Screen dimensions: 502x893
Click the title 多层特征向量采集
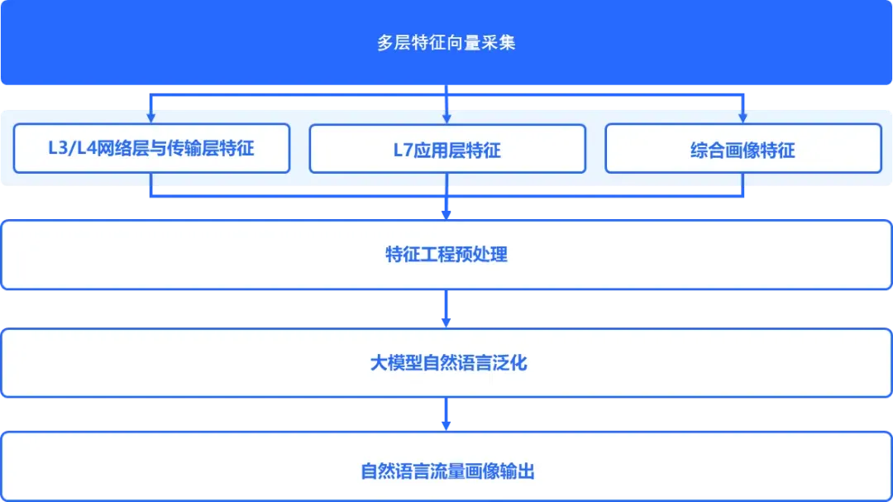click(446, 43)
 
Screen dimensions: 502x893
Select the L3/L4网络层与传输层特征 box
click(151, 149)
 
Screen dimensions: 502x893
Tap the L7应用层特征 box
click(446, 150)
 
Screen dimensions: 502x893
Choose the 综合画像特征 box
click(743, 150)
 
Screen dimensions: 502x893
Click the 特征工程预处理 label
click(446, 254)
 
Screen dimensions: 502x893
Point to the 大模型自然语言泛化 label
click(446, 362)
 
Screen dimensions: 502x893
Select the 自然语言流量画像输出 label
click(446, 471)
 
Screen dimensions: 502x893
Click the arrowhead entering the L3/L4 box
click(151, 117)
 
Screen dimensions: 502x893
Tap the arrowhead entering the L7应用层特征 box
click(446, 117)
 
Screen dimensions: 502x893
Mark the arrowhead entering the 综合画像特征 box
click(743, 117)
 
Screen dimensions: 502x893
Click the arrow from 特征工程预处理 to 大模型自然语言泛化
click(446, 309)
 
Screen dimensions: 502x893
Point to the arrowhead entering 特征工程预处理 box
click(446, 213)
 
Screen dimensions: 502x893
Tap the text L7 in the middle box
click(402, 151)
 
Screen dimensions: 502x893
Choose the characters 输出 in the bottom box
click(518, 471)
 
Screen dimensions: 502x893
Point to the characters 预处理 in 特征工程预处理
click(482, 254)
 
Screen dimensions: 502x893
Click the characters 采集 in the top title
click(499, 43)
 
